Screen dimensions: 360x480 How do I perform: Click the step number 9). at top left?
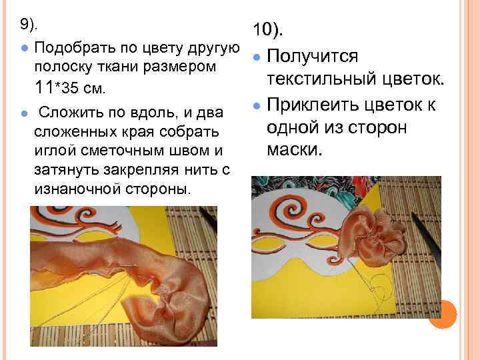[x=29, y=25]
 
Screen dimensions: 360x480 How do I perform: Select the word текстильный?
[x=321, y=81]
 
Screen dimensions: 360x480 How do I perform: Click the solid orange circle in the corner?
[x=443, y=313]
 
